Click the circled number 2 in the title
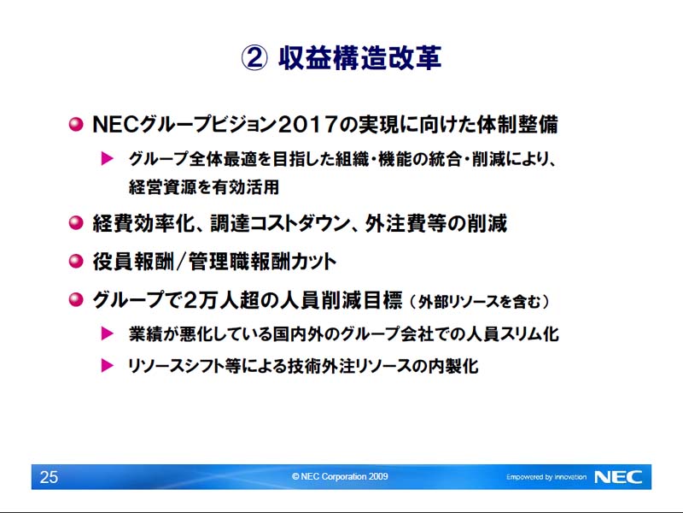(x=254, y=58)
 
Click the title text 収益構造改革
(x=359, y=57)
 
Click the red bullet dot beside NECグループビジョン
(x=76, y=125)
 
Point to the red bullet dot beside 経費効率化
(x=76, y=223)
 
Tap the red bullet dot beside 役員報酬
(x=76, y=262)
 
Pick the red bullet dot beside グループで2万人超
(x=76, y=300)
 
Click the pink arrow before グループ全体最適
(x=108, y=158)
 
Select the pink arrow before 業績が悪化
(x=108, y=333)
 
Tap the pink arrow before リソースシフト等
(x=108, y=366)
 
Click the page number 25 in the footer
(x=49, y=477)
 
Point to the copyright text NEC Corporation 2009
(x=340, y=476)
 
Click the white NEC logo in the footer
(x=618, y=477)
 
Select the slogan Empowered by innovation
(x=546, y=477)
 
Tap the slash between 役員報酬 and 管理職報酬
(x=181, y=262)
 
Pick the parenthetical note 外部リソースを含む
(x=479, y=302)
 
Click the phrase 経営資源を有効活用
(x=203, y=187)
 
